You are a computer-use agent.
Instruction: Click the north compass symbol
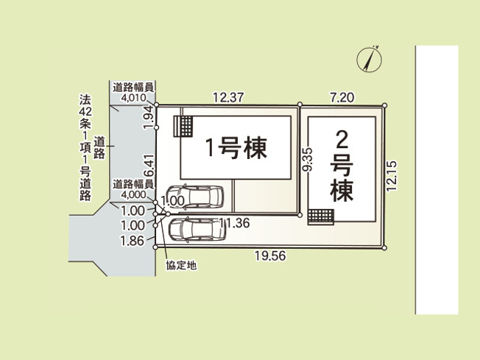point(369,60)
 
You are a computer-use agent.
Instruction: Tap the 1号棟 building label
point(236,148)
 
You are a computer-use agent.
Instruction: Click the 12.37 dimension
point(228,98)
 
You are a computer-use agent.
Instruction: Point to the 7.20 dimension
point(342,98)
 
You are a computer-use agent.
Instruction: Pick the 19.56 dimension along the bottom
point(270,256)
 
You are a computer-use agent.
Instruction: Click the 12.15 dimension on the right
point(392,176)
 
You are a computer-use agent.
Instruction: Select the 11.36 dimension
point(234,223)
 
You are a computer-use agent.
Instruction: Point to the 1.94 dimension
point(149,117)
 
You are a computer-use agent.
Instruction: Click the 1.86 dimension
point(133,241)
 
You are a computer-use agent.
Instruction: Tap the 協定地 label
point(181,265)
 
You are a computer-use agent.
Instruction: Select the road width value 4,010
point(133,98)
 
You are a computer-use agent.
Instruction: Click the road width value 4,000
point(133,194)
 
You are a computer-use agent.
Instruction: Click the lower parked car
point(197,230)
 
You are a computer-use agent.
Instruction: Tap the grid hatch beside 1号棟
point(183,126)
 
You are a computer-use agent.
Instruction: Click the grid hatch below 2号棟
point(321,217)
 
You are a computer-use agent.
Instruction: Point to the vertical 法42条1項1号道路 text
point(85,147)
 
